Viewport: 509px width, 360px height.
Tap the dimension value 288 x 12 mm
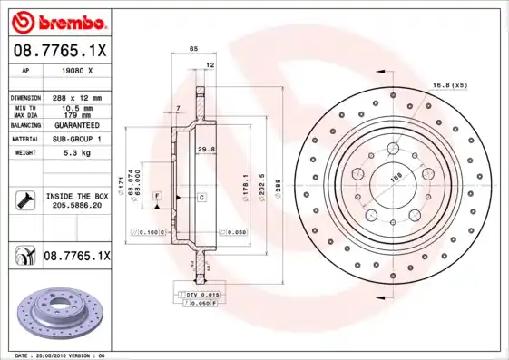coord(76,97)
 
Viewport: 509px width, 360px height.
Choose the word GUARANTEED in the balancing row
coord(76,125)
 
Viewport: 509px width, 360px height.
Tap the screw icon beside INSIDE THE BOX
coord(24,199)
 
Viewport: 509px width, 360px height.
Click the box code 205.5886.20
coord(76,206)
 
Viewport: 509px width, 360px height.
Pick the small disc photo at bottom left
coord(56,312)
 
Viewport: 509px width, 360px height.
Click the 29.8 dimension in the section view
coord(206,149)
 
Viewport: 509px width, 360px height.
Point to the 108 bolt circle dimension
coord(396,179)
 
